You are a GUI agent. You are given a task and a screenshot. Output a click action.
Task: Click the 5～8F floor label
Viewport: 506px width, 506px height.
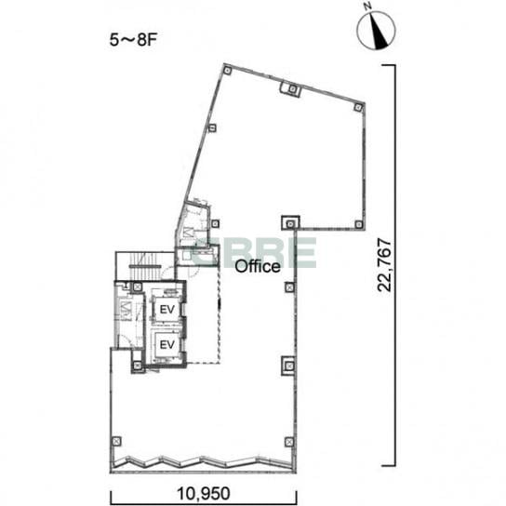pos(133,40)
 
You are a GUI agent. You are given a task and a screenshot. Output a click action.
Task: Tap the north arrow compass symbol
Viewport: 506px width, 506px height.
pos(376,31)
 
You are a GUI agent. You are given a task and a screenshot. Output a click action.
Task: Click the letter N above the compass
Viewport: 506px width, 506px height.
pos(366,7)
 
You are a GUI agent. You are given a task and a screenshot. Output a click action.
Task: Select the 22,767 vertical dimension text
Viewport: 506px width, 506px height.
pos(385,265)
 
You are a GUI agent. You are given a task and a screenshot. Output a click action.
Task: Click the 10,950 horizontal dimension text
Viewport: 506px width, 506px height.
pos(204,493)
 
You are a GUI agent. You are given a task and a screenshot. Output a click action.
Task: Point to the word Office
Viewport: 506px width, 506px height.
pos(258,267)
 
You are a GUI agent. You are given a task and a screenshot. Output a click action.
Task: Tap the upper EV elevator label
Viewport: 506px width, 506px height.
pos(167,310)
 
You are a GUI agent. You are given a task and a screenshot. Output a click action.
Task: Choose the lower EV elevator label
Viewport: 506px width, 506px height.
pos(167,345)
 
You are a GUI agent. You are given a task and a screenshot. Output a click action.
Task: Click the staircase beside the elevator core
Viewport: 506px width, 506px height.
pos(145,266)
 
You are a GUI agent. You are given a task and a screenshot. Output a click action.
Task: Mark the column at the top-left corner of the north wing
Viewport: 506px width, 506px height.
pos(228,70)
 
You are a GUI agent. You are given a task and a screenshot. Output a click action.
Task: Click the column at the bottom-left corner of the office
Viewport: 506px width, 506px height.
pos(116,441)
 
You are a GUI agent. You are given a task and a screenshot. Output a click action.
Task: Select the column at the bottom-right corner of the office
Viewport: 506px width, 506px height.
pos(289,442)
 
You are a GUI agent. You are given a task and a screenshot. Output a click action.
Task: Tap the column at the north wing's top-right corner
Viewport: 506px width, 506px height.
pos(358,107)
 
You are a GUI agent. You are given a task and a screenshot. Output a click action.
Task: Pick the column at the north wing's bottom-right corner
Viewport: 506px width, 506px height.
pos(358,224)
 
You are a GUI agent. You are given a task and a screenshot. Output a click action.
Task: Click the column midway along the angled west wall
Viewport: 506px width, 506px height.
pos(212,128)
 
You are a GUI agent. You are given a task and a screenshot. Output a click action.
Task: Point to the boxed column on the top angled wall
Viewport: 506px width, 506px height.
pos(291,88)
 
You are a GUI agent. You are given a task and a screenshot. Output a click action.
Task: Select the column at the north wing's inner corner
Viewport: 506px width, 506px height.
pos(290,223)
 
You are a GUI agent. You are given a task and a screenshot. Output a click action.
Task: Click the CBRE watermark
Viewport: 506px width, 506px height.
pos(255,253)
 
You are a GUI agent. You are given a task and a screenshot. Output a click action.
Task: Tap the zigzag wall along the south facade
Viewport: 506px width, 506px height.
pos(203,463)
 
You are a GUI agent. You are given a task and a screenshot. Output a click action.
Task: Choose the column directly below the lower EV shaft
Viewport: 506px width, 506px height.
pos(138,366)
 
